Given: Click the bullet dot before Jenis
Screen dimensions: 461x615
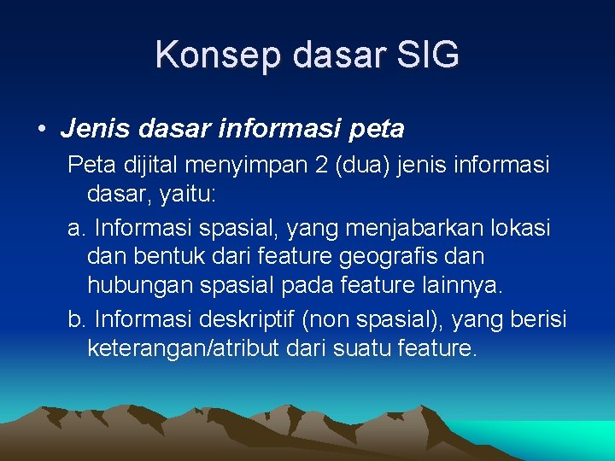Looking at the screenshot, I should pyautogui.click(x=41, y=130).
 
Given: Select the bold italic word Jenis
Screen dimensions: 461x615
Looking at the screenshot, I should pyautogui.click(x=92, y=129).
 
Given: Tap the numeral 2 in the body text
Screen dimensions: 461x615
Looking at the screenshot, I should pyautogui.click(x=320, y=166).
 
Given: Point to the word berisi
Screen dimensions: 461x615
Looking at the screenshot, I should pyautogui.click(x=539, y=318).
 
